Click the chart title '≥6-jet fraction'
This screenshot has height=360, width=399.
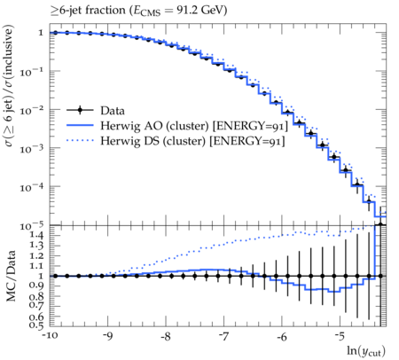(88, 11)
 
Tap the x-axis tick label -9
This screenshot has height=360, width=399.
(108, 337)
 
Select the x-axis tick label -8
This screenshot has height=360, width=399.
(166, 337)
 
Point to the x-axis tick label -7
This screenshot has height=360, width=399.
(224, 337)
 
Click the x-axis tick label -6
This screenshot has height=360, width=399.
(282, 337)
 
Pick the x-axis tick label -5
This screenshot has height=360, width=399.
(340, 337)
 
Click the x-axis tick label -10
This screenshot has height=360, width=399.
(50, 337)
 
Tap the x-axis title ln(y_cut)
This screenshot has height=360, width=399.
(366, 351)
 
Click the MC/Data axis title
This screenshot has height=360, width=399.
(11, 276)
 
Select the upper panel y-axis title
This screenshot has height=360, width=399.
(9, 86)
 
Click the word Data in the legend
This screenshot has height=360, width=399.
(113, 111)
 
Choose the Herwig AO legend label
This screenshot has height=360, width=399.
(194, 126)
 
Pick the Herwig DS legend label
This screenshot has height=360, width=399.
(192, 141)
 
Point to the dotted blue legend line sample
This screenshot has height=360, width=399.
(80, 141)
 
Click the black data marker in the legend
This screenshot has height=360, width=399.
(80, 111)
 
